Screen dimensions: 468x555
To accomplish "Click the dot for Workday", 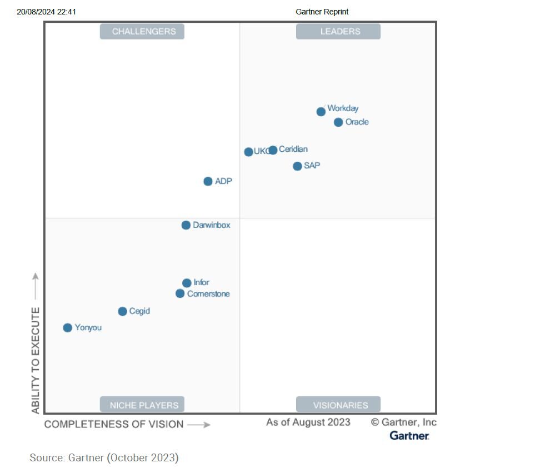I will pyautogui.click(x=321, y=112).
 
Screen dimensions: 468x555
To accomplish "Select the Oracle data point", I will pyautogui.click(x=338, y=122).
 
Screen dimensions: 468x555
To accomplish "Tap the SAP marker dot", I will pyautogui.click(x=297, y=166).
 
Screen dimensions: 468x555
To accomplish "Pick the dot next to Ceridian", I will pyautogui.click(x=273, y=150).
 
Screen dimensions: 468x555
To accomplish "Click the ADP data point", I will pyautogui.click(x=208, y=181).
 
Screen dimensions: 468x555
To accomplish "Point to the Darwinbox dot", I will pyautogui.click(x=186, y=225).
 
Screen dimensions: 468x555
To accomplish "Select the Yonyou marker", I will pyautogui.click(x=68, y=328).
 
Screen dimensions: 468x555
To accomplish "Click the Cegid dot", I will pyautogui.click(x=122, y=311).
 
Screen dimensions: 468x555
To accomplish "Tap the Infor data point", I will pyautogui.click(x=187, y=283).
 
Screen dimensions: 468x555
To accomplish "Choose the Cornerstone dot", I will pyautogui.click(x=180, y=293).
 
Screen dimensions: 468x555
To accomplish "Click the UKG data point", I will pyautogui.click(x=248, y=152).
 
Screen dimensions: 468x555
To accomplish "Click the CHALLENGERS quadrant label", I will pyautogui.click(x=142, y=32).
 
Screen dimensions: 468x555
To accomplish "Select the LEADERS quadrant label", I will pyautogui.click(x=338, y=32).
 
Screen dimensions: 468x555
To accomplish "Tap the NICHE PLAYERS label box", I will pyautogui.click(x=142, y=405).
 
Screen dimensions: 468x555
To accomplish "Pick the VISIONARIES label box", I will pyautogui.click(x=338, y=405).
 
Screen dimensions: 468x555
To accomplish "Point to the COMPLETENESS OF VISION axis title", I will pyautogui.click(x=114, y=425).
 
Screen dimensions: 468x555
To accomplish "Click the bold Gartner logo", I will pyautogui.click(x=409, y=436).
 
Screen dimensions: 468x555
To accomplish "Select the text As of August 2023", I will pyautogui.click(x=308, y=422).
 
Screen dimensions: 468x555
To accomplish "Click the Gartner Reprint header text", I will pyautogui.click(x=322, y=12).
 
